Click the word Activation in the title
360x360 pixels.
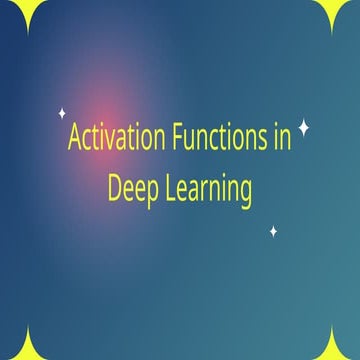[113, 138]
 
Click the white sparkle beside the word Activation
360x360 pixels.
[62, 113]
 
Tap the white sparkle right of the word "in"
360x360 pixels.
[305, 128]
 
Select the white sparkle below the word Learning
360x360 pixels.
[273, 232]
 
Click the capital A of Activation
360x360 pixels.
[75, 138]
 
